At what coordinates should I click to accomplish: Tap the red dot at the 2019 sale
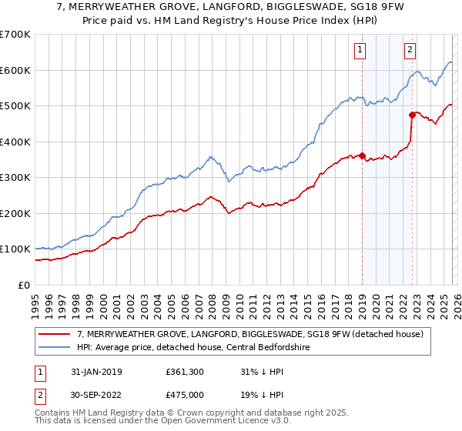(x=362, y=156)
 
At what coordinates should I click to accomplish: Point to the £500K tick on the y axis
(x=15, y=105)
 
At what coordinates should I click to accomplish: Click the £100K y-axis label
(x=15, y=249)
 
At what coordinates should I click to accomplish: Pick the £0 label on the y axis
(x=24, y=285)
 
